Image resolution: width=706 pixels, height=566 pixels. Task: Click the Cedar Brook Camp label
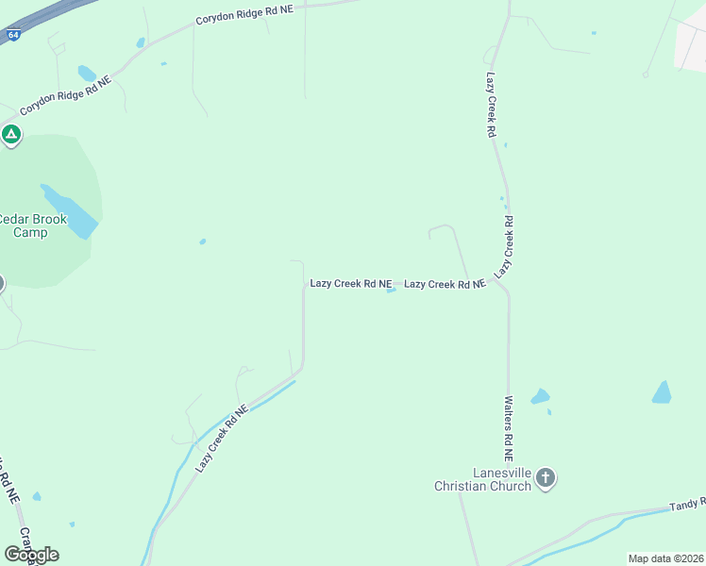tap(34, 225)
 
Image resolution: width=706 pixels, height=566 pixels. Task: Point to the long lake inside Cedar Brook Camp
tap(70, 211)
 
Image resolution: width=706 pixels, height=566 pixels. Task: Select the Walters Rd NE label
tap(508, 428)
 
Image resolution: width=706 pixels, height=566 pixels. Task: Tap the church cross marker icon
tap(545, 479)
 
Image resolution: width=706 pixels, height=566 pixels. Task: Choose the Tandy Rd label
tap(687, 506)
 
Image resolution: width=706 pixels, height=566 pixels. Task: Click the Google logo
tap(31, 554)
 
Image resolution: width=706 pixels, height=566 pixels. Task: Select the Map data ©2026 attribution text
tap(665, 558)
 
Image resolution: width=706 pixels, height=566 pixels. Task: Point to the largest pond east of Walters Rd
tap(662, 392)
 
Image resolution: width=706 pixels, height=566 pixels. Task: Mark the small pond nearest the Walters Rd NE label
tap(540, 397)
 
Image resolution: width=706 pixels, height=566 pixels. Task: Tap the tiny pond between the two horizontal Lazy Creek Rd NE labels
tap(391, 291)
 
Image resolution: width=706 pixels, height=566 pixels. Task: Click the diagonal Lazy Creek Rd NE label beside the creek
tap(223, 439)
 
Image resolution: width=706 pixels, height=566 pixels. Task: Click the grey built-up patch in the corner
tap(692, 44)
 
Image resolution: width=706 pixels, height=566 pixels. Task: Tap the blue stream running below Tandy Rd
tap(585, 538)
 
